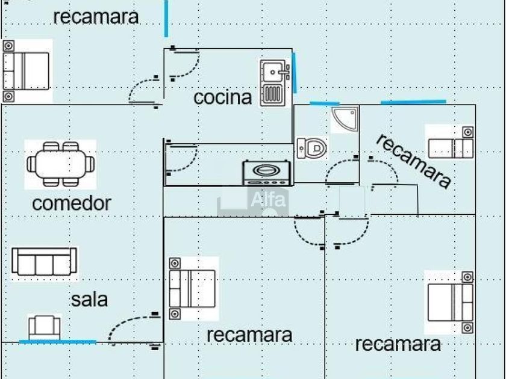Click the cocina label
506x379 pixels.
click(222, 97)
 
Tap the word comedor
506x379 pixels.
click(71, 203)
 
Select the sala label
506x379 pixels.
click(89, 299)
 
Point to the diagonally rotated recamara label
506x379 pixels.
click(413, 161)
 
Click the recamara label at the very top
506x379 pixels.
click(96, 17)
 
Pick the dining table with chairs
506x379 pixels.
click(60, 164)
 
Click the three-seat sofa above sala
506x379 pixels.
click(45, 263)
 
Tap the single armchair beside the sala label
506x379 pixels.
click(45, 327)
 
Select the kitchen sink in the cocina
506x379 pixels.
click(275, 82)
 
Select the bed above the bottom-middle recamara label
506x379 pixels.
click(192, 288)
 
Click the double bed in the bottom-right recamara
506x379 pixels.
click(450, 302)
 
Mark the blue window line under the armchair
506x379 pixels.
click(58, 342)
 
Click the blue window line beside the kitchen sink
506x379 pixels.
click(295, 73)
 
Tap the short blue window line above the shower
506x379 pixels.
click(325, 103)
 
